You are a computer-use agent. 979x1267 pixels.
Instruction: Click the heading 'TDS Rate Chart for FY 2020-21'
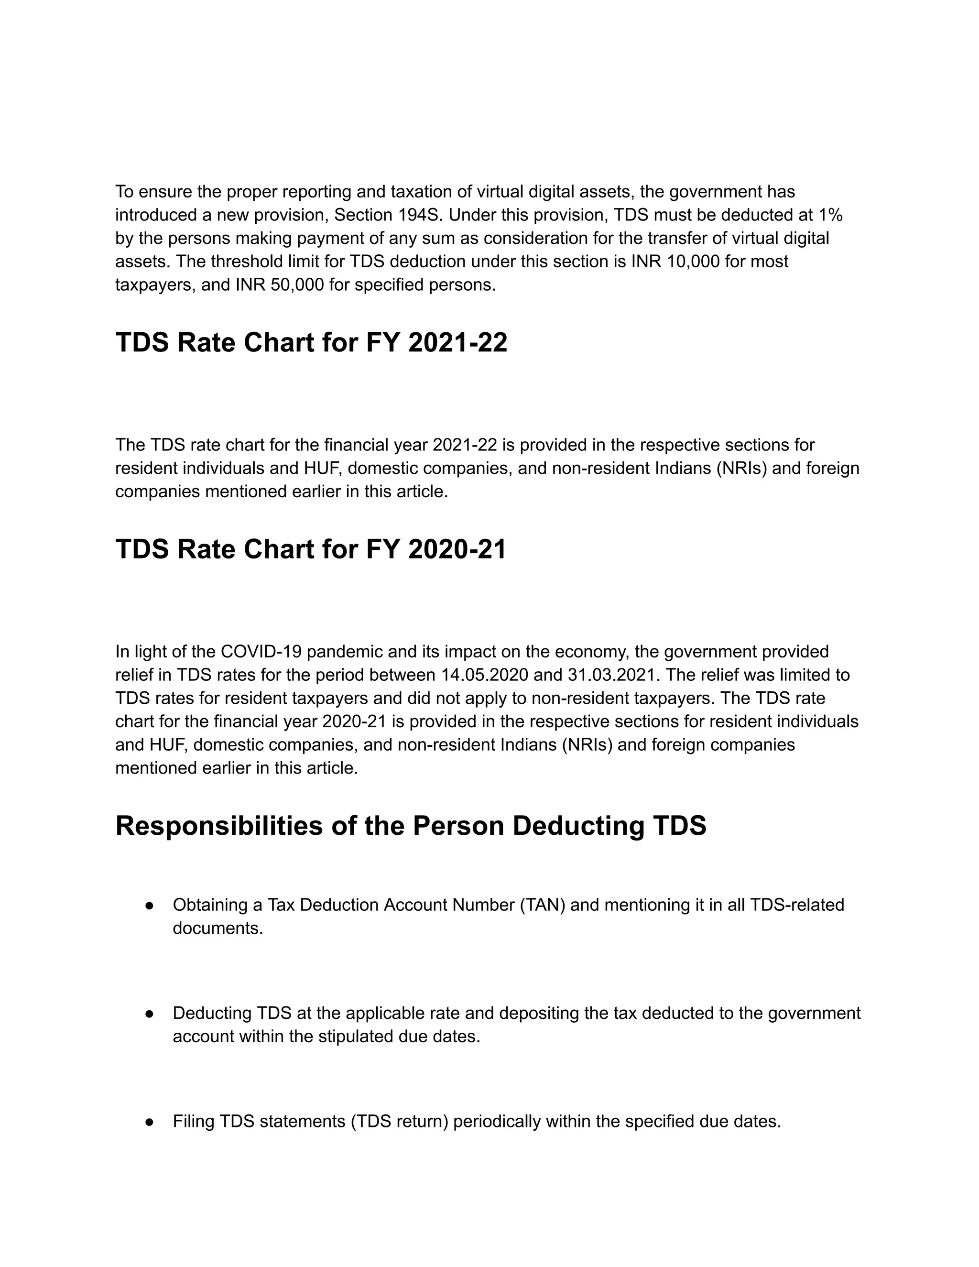pyautogui.click(x=310, y=549)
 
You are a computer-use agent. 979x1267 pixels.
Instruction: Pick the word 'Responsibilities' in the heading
pyautogui.click(x=218, y=826)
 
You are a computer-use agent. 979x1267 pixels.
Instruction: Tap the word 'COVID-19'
pyautogui.click(x=261, y=652)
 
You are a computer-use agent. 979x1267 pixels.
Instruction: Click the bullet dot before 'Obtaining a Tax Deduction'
pyautogui.click(x=149, y=906)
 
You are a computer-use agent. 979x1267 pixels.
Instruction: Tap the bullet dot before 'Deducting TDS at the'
pyautogui.click(x=149, y=1014)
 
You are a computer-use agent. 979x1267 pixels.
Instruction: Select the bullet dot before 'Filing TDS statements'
pyautogui.click(x=149, y=1122)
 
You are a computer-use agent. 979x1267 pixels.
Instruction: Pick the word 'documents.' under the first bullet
pyautogui.click(x=218, y=928)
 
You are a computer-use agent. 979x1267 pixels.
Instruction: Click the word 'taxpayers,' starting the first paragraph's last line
pyautogui.click(x=155, y=285)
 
